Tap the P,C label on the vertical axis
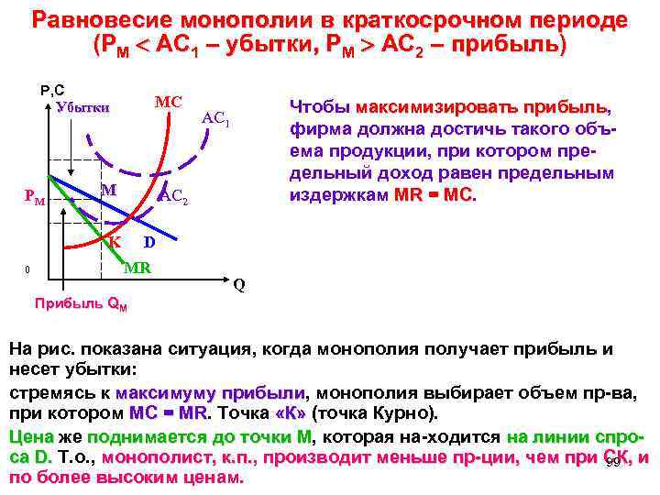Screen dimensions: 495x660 pyautogui.click(x=51, y=90)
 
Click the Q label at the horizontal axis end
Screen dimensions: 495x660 pyautogui.click(x=238, y=284)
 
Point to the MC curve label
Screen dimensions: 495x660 pyautogui.click(x=168, y=101)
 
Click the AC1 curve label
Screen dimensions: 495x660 pyautogui.click(x=215, y=118)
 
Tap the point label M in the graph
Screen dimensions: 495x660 pyautogui.click(x=108, y=190)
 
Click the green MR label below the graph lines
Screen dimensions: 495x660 pyautogui.click(x=137, y=268)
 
